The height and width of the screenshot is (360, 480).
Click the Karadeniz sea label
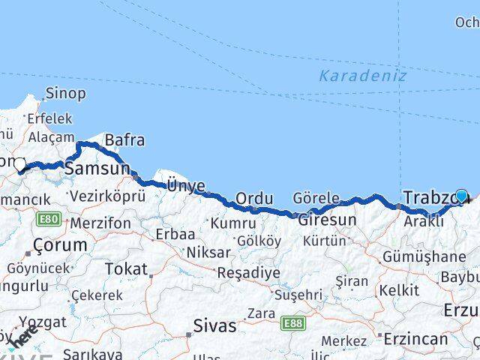[362, 76]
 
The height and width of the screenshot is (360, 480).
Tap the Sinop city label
[65, 94]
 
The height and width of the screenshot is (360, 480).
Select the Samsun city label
[97, 169]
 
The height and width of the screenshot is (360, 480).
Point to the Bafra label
[124, 140]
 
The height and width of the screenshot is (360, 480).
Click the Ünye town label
[184, 184]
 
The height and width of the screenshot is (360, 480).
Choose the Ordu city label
[253, 199]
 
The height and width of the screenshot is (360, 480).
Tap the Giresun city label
[327, 220]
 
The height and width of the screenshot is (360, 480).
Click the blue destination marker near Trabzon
[461, 196]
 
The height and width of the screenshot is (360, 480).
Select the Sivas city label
[214, 326]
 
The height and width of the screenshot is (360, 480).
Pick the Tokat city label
[125, 268]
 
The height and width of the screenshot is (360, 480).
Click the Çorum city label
[59, 245]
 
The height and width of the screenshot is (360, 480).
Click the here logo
[24, 340]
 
